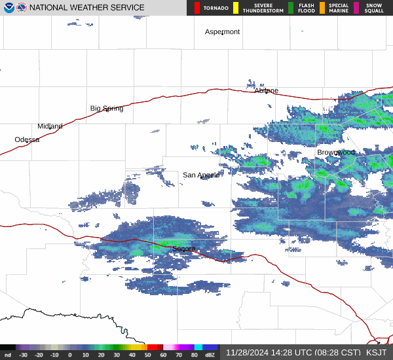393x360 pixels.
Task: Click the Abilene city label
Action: coord(266,90)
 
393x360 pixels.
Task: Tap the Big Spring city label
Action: coord(107,108)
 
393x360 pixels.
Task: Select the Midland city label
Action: coord(50,126)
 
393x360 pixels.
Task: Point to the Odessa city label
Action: coord(27,139)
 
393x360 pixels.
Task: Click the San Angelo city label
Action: coord(201,175)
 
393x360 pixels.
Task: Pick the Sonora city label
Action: coord(184,249)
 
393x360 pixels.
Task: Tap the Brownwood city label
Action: coord(336,152)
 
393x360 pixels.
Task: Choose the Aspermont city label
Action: coord(222,31)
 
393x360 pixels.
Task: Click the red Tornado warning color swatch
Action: coord(197,8)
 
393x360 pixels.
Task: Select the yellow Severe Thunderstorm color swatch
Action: coord(235,8)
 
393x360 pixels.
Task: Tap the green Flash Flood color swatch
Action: coord(291,8)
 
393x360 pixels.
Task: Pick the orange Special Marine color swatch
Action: coord(322,8)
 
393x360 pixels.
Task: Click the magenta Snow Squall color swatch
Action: coord(356,8)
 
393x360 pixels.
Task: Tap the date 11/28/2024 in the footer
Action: coord(248,352)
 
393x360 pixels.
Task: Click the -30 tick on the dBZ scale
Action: coord(24,355)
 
